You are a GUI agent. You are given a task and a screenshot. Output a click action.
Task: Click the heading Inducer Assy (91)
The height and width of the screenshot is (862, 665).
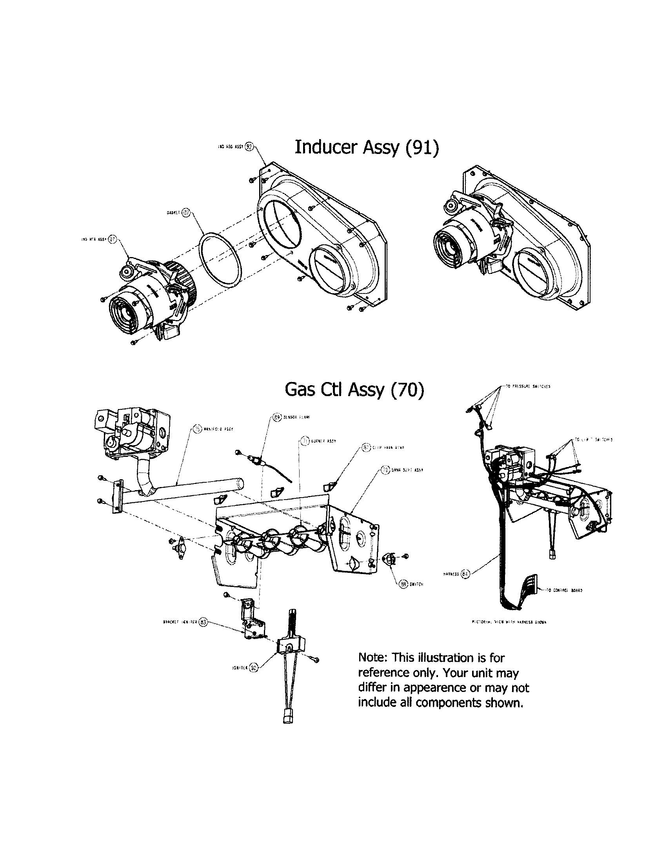pos(367,147)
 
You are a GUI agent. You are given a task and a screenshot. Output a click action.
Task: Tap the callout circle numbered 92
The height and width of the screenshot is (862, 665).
pos(249,146)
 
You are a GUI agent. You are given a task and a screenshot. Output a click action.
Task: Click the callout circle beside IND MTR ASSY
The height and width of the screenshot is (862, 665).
pos(113,239)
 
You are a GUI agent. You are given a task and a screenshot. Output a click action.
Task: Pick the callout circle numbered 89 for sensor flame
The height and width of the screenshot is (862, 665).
pos(277,417)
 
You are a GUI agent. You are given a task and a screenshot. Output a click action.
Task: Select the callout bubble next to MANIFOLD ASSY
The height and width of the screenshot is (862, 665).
pos(197,429)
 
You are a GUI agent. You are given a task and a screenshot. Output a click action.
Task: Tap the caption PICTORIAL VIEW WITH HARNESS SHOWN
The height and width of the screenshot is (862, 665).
pos(509,622)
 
